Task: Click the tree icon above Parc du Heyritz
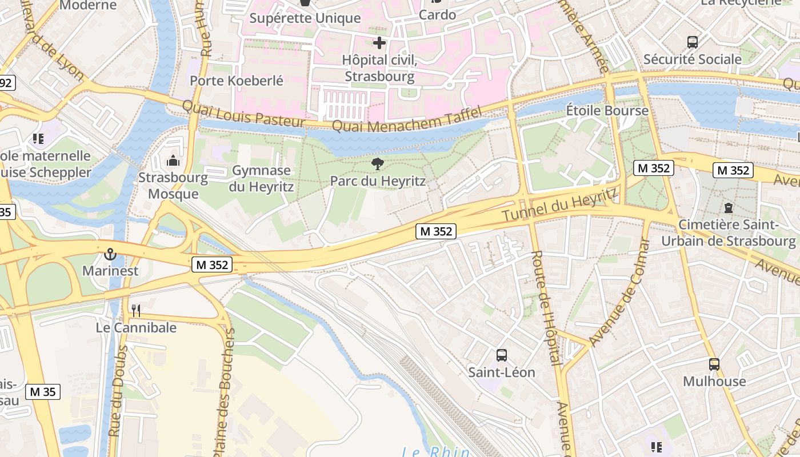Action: pos(377,164)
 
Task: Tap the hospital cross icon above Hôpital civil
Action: pos(379,42)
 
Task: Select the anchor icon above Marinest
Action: pos(110,254)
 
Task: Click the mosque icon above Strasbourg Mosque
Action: pos(173,161)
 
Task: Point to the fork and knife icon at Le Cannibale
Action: pos(136,311)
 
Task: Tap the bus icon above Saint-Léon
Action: pos(502,355)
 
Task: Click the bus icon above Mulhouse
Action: pos(714,364)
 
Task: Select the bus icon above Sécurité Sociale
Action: pos(693,42)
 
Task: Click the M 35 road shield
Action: pos(43,391)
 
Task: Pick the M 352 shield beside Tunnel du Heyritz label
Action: pos(437,231)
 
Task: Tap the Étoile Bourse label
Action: pos(607,110)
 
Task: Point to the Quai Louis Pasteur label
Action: pos(244,114)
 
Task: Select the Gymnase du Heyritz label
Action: pos(261,178)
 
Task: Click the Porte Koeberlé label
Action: pos(237,81)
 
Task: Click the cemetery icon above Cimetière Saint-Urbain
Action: pos(728,208)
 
